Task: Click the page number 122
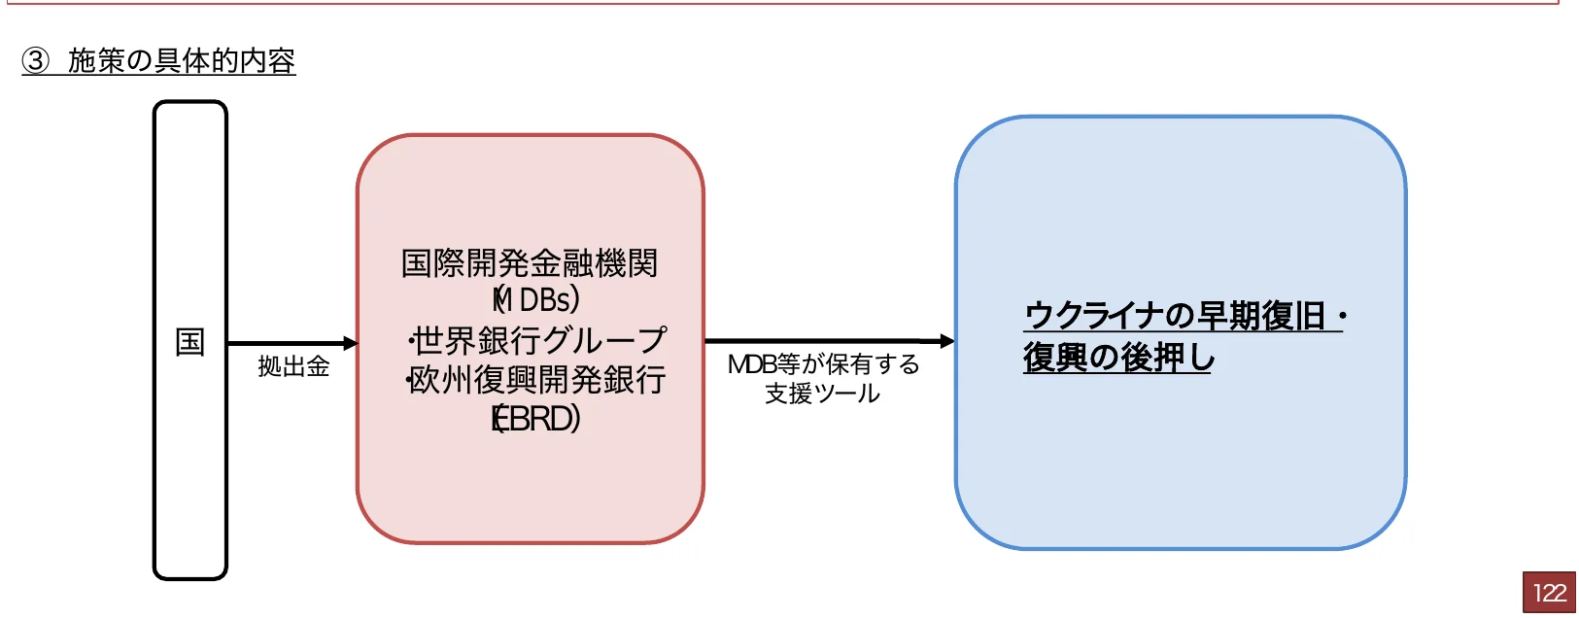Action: point(1549,593)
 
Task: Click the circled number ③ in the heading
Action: point(36,61)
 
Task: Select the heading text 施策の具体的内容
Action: point(182,61)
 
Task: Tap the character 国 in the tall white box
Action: point(189,342)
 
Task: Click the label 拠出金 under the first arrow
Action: point(293,366)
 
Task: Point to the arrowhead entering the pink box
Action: point(351,343)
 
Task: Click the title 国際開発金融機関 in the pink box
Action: point(530,263)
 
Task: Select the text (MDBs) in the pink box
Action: point(535,300)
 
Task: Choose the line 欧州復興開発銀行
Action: point(537,380)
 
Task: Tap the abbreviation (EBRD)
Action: point(535,419)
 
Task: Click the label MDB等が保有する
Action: point(823,364)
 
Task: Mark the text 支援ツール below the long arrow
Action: point(822,394)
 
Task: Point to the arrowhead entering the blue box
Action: point(947,341)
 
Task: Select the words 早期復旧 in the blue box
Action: point(1260,316)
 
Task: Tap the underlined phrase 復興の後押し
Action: point(1118,358)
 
